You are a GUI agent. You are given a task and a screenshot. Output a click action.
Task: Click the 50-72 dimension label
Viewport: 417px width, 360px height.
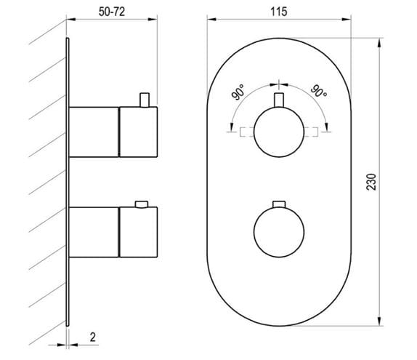[x=112, y=12]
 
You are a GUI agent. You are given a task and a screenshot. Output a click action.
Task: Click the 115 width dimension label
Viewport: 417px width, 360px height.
[x=279, y=12]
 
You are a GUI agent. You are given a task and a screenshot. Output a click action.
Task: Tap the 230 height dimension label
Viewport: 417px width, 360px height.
[x=371, y=182]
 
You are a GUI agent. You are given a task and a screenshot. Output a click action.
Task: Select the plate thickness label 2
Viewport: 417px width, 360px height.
[x=92, y=337]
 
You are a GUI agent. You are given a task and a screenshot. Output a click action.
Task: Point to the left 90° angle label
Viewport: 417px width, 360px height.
[x=238, y=92]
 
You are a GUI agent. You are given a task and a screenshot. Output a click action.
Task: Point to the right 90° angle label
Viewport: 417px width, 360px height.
[x=319, y=91]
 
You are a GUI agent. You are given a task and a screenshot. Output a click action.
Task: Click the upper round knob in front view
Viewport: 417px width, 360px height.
[x=279, y=132]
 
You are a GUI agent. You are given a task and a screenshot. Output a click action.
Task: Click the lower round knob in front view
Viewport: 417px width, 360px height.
[x=279, y=232]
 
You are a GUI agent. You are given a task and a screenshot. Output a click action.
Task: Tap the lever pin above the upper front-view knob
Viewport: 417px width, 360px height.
[x=279, y=100]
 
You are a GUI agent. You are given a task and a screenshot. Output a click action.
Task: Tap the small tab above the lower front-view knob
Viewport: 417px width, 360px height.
[x=279, y=204]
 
